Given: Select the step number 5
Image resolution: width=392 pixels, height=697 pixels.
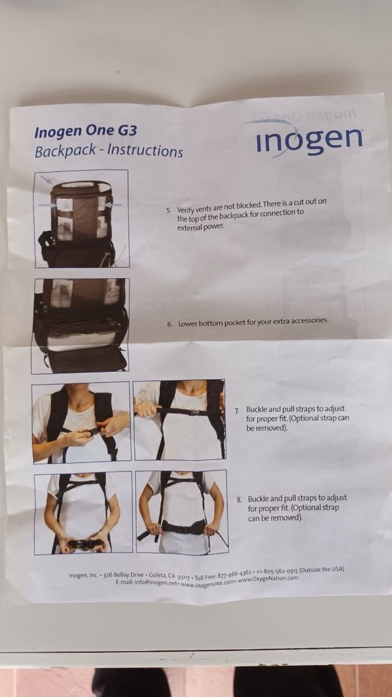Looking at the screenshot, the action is coord(168,210).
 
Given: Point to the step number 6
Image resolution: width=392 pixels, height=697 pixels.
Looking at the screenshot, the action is coord(170,324).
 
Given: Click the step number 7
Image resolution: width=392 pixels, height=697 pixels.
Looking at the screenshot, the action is coord(237,410).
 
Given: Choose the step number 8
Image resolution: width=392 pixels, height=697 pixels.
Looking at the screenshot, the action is coord(239,500).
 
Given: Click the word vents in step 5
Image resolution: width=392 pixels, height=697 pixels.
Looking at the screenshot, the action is coord(202,208).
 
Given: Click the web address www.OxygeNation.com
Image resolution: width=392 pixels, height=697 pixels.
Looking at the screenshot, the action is coord(268,579).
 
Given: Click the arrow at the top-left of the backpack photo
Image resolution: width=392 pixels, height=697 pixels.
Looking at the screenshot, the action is coord(46,179).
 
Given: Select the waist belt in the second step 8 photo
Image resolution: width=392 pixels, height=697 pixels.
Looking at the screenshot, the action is coord(183,527).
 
